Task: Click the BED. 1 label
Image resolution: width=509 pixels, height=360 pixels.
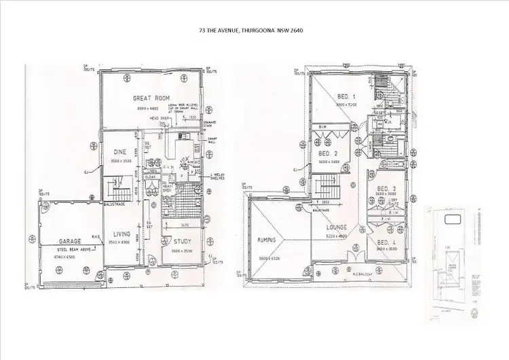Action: (x=347, y=97)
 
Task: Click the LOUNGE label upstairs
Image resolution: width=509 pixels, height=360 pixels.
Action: (x=335, y=227)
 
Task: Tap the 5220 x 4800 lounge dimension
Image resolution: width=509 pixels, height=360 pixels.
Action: (x=335, y=235)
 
